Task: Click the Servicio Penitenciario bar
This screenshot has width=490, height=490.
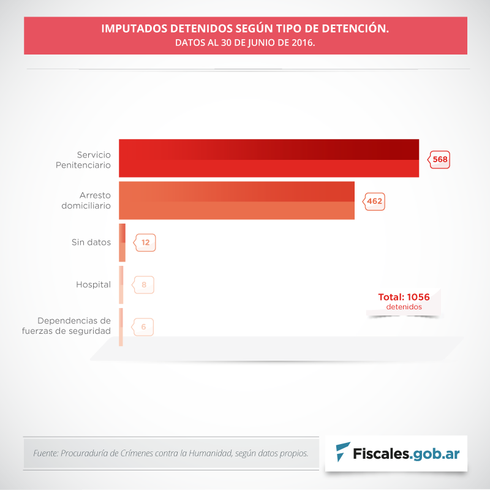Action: pyautogui.click(x=268, y=159)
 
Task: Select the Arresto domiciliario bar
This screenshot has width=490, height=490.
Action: pyautogui.click(x=236, y=200)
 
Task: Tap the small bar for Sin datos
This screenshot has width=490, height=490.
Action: pyautogui.click(x=123, y=243)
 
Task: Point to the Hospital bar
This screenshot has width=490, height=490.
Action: pyautogui.click(x=121, y=284)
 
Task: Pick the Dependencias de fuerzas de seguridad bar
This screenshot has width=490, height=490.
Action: pyautogui.click(x=121, y=327)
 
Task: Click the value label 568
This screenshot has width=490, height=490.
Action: pyautogui.click(x=440, y=160)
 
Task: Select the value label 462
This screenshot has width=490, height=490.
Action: pyautogui.click(x=375, y=201)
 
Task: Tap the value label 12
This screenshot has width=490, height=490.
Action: pyautogui.click(x=145, y=243)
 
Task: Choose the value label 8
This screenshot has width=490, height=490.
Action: pyautogui.click(x=144, y=285)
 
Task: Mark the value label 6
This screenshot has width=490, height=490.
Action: pyautogui.click(x=143, y=327)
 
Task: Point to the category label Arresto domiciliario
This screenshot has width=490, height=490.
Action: pyautogui.click(x=86, y=200)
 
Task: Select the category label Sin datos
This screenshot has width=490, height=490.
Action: pyautogui.click(x=91, y=242)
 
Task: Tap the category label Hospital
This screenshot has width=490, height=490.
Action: pyautogui.click(x=93, y=284)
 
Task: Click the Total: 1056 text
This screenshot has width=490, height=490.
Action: pyautogui.click(x=404, y=297)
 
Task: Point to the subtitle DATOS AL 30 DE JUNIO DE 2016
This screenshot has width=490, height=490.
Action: pyautogui.click(x=245, y=43)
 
